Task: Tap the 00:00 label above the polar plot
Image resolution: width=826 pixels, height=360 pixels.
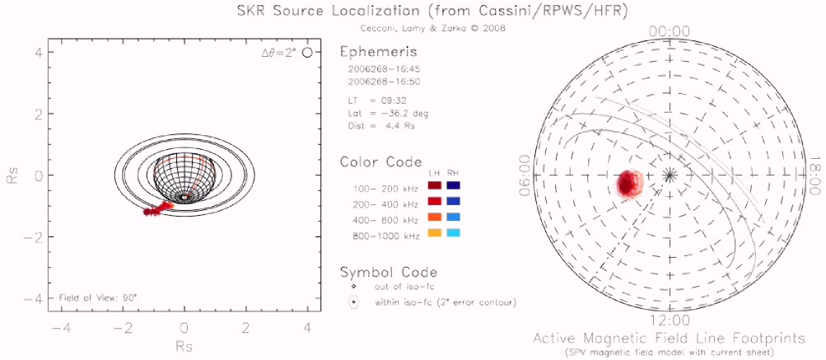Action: pyautogui.click(x=670, y=30)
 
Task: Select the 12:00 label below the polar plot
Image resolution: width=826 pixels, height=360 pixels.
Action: pyautogui.click(x=670, y=320)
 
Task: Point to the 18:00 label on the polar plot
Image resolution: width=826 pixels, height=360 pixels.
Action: pyautogui.click(x=814, y=175)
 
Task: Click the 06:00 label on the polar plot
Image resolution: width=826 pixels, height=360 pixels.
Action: pyautogui.click(x=525, y=175)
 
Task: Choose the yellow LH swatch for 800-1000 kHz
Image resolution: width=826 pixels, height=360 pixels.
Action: pyautogui.click(x=434, y=234)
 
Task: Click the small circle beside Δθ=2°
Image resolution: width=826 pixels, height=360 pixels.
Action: pyautogui.click(x=308, y=53)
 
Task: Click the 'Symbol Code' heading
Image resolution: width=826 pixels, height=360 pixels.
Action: pyautogui.click(x=388, y=272)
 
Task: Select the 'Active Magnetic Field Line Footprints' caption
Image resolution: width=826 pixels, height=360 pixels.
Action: pyautogui.click(x=670, y=339)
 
